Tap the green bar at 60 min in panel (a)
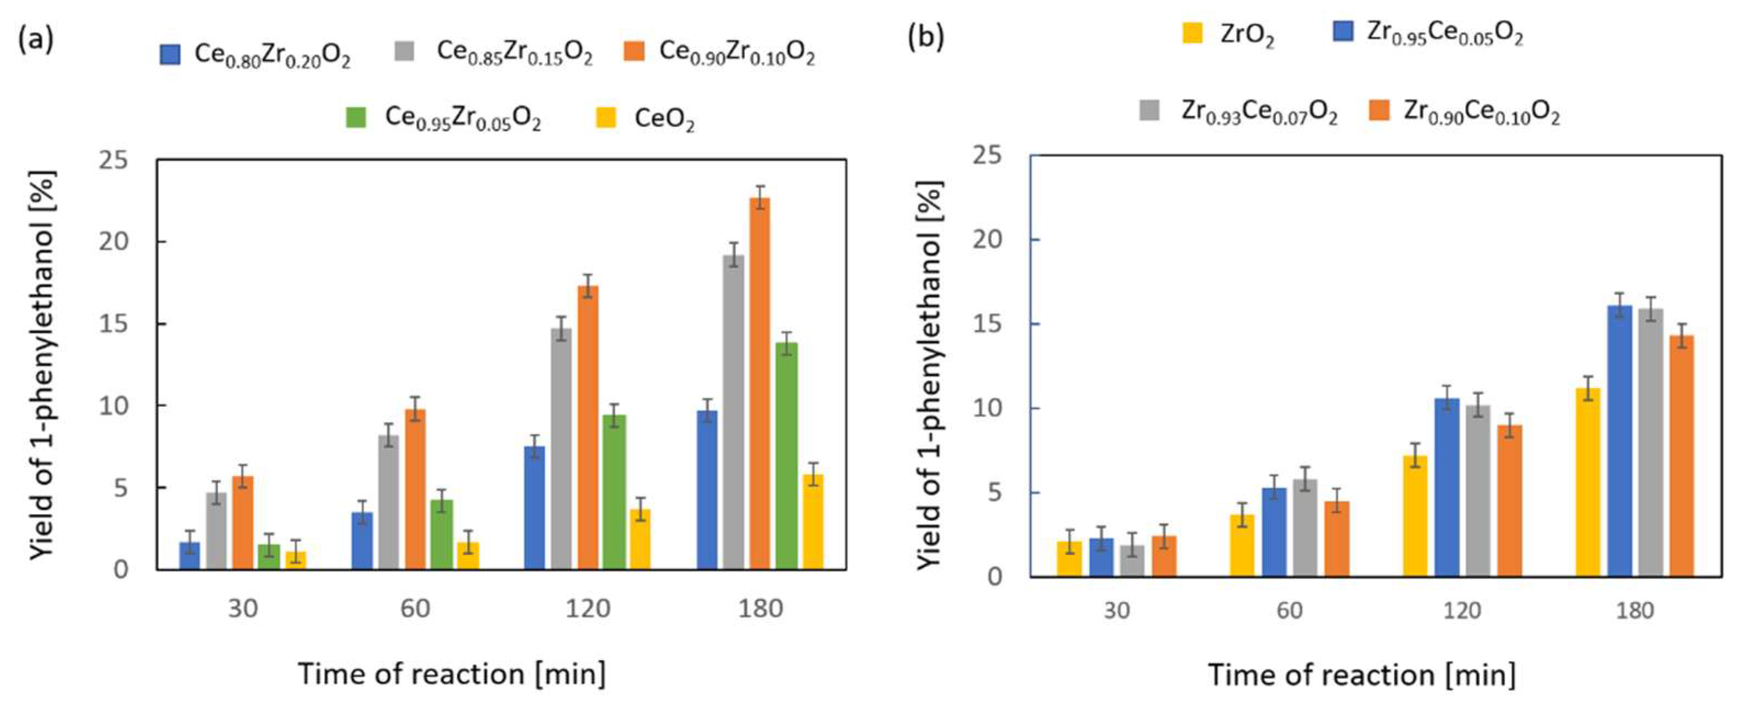coord(442,535)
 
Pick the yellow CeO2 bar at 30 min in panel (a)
coord(296,560)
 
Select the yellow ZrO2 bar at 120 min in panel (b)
coord(1415,517)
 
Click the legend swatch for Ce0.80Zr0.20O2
coord(169,54)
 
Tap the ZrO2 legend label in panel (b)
coord(1246,35)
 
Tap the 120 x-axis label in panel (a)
coord(587,609)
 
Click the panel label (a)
coord(35,39)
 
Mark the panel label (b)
coord(925,37)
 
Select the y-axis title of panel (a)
coord(42,366)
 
